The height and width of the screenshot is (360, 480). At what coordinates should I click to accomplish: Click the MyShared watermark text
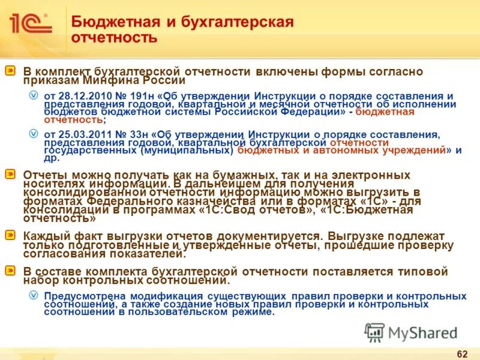422,332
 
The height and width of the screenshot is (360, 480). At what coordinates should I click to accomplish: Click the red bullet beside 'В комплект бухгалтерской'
11,71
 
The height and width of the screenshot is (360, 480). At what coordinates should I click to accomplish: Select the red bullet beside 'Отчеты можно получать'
11,175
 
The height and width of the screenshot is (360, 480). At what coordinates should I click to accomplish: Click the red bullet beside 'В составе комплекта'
11,271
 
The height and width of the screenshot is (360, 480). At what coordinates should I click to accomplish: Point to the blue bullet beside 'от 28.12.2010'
34,96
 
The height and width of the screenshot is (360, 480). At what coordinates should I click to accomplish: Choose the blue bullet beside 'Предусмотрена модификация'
34,296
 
